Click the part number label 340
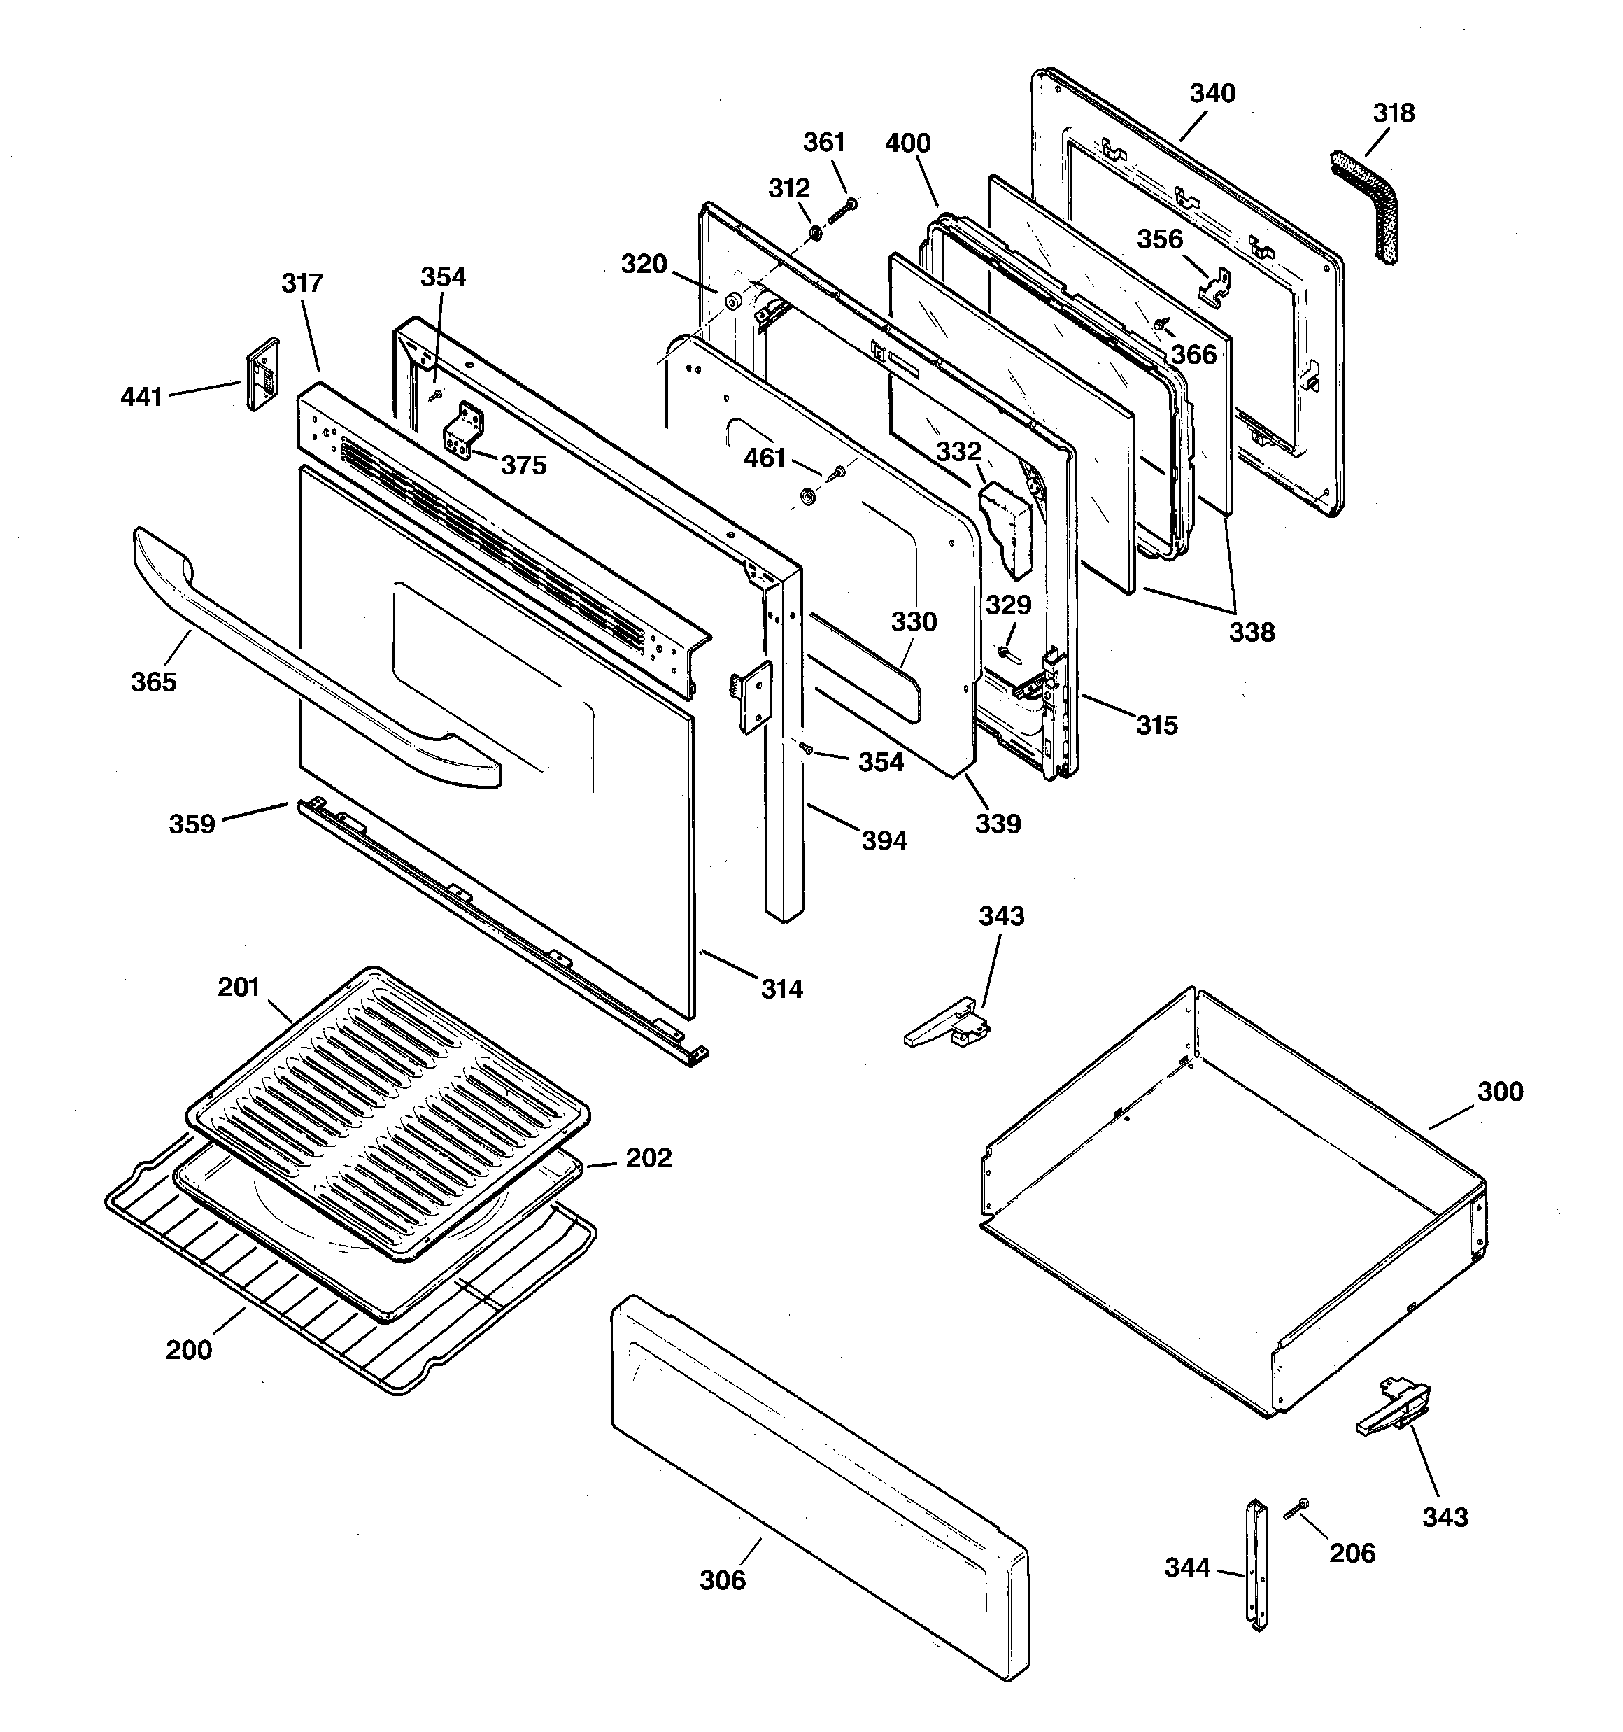1212,93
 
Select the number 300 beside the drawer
1499,1092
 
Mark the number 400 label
908,143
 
